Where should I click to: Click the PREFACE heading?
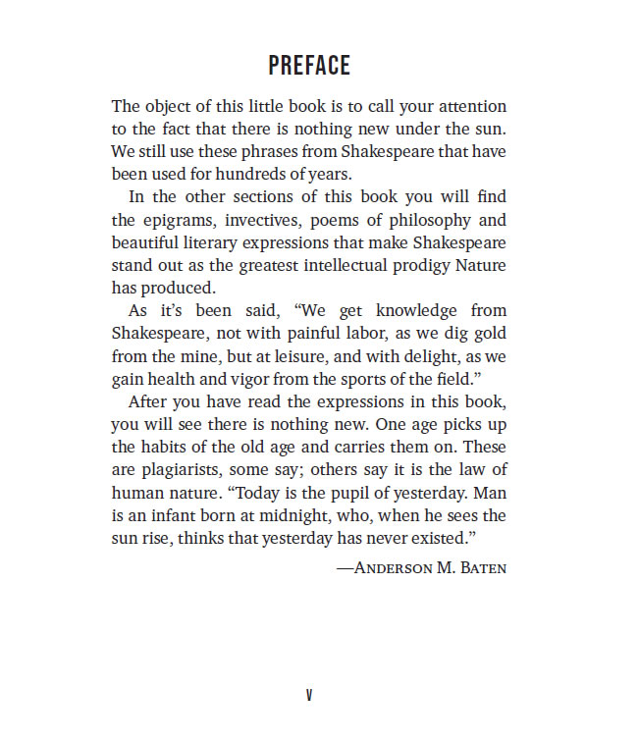pyautogui.click(x=309, y=66)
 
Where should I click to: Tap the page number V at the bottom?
pyautogui.click(x=309, y=695)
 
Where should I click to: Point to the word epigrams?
pyautogui.click(x=176, y=221)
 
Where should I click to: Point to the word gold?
pyautogui.click(x=490, y=333)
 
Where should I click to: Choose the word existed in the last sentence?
pyautogui.click(x=442, y=538)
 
